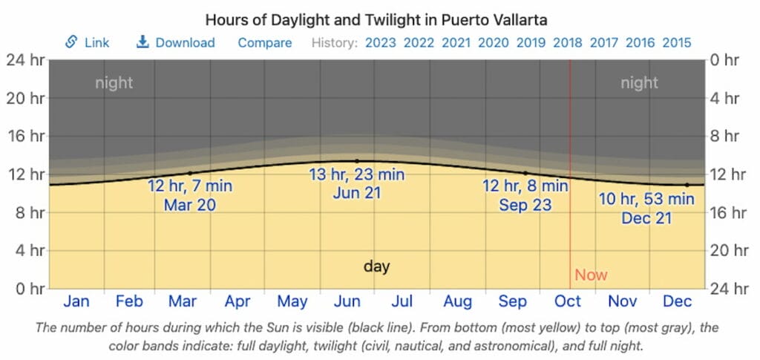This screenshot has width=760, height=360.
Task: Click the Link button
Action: click(87, 42)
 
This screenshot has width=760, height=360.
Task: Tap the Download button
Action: click(176, 42)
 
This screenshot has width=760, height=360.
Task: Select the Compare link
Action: click(265, 42)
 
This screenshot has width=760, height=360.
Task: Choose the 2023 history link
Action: click(380, 42)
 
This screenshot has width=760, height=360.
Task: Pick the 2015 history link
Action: click(677, 42)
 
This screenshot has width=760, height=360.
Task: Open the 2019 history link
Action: click(529, 42)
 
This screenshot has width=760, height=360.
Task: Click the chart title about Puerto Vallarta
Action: click(380, 19)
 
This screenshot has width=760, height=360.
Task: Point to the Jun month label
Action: click(347, 301)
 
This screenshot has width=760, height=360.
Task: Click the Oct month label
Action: click(568, 301)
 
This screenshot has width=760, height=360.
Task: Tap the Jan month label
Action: click(76, 301)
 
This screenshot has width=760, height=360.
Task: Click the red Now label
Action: click(591, 275)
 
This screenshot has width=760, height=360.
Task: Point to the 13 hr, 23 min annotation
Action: click(357, 175)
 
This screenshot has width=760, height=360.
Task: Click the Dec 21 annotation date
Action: click(646, 218)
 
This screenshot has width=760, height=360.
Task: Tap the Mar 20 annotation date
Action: click(190, 204)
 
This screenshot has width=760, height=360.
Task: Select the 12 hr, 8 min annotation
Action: click(525, 186)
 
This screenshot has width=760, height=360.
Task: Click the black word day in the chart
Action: click(377, 266)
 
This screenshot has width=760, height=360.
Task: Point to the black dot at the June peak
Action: click(357, 161)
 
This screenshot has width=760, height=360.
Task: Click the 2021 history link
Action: click(456, 42)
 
